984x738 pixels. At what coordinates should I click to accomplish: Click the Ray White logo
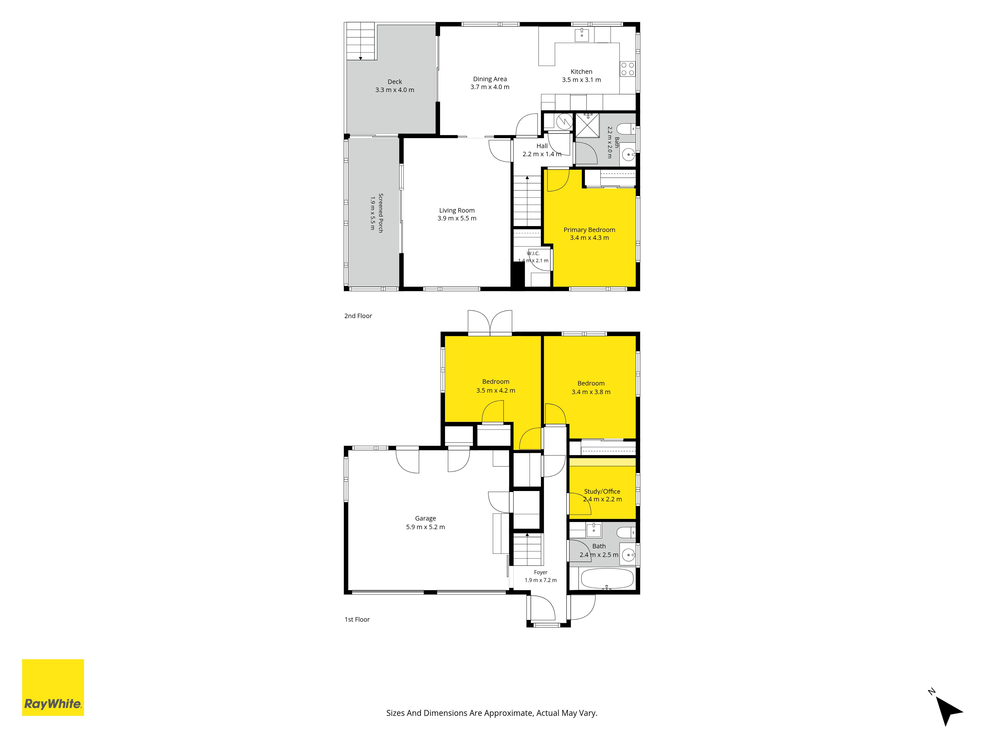[x=53, y=687]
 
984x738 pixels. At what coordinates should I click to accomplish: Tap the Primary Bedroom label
[x=589, y=230]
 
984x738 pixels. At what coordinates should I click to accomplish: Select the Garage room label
[x=425, y=518]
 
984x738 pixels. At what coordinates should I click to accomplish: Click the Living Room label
[x=457, y=210]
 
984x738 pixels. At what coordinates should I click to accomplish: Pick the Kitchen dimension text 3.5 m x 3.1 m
[x=581, y=80]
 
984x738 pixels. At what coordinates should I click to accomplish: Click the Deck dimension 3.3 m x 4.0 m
[x=395, y=90]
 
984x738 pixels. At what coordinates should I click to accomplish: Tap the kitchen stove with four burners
[x=628, y=69]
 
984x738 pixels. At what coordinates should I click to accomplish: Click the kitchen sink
[x=582, y=34]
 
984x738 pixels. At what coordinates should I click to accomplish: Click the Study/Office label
[x=602, y=492]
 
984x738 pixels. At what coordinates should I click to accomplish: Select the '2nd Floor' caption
[x=358, y=316]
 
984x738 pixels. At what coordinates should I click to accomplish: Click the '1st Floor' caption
[x=357, y=619]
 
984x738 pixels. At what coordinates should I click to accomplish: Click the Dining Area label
[x=490, y=79]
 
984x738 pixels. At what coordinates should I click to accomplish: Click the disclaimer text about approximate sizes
[x=492, y=713]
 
